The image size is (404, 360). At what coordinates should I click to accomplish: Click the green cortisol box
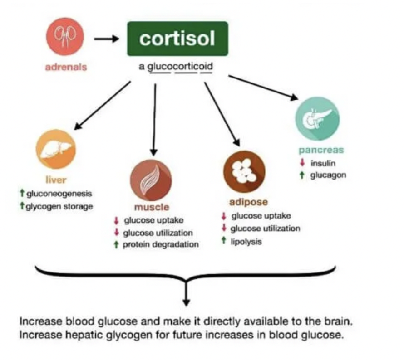click(x=177, y=39)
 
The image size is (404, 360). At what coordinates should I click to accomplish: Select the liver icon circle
click(x=56, y=149)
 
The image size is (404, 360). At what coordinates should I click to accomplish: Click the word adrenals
click(x=66, y=67)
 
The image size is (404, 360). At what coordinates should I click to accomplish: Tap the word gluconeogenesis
click(x=59, y=194)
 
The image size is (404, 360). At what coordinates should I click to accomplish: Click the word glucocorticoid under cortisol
click(x=181, y=67)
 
